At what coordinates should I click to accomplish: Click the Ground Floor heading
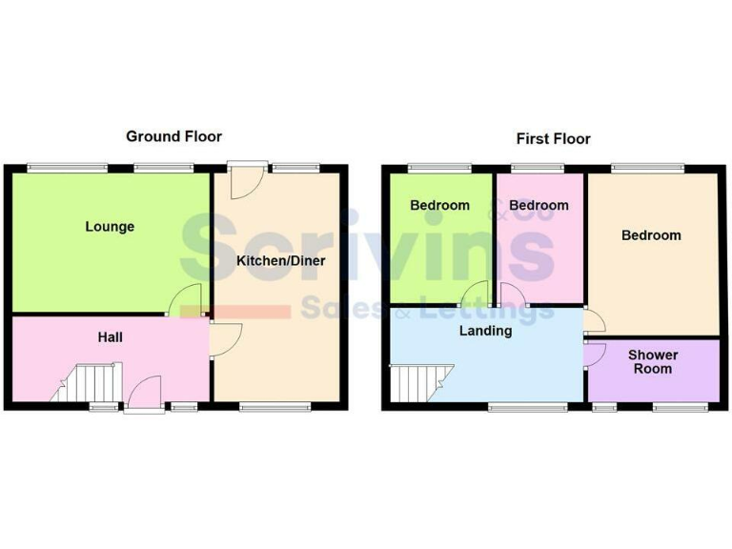pyautogui.click(x=173, y=136)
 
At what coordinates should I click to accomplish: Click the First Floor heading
pyautogui.click(x=553, y=139)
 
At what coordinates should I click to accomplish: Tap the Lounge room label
pyautogui.click(x=110, y=227)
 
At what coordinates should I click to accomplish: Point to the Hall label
pyautogui.click(x=110, y=337)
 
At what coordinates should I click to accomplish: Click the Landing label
pyautogui.click(x=485, y=331)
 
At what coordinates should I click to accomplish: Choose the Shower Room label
pyautogui.click(x=653, y=362)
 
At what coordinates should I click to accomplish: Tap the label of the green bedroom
pyautogui.click(x=439, y=205)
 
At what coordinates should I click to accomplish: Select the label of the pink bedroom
pyautogui.click(x=539, y=205)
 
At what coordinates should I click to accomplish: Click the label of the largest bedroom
pyautogui.click(x=651, y=235)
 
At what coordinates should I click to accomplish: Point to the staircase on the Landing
pyautogui.click(x=413, y=383)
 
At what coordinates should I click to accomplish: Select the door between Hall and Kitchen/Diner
pyautogui.click(x=225, y=339)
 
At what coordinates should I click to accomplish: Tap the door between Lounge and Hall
pyautogui.click(x=186, y=300)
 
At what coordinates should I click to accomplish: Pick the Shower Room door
pyautogui.click(x=595, y=356)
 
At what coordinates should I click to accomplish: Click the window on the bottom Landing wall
pyautogui.click(x=527, y=407)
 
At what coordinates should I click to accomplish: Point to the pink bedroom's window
pyautogui.click(x=537, y=169)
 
